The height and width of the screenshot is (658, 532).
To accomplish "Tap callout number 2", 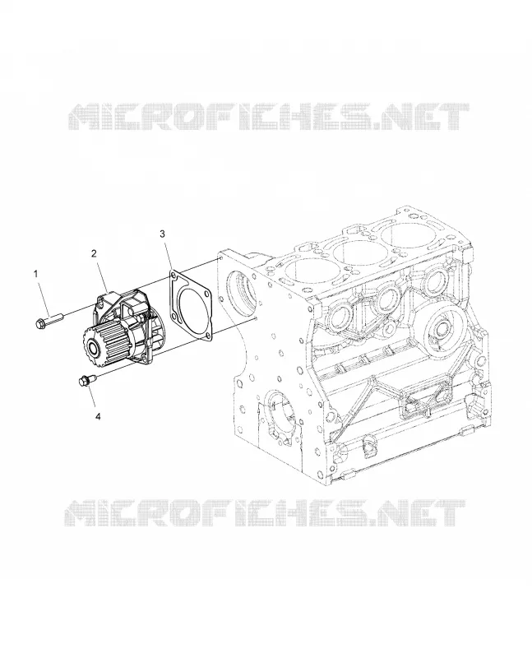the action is (x=94, y=253).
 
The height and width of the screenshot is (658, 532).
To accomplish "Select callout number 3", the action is (x=163, y=234).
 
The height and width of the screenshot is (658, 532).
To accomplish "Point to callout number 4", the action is (x=98, y=416).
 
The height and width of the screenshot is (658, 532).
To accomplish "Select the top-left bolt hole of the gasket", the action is (x=173, y=275).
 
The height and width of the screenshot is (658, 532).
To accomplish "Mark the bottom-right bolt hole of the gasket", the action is (x=209, y=335).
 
